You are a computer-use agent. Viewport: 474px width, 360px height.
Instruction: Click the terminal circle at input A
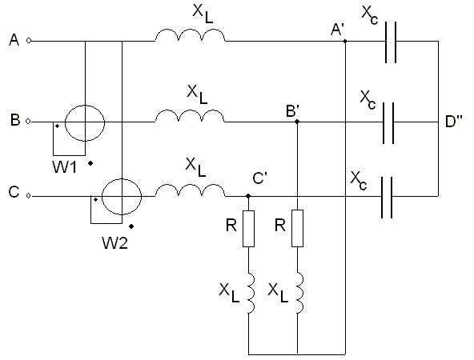pos(29,41)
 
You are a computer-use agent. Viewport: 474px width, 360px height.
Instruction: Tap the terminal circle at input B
pos(28,122)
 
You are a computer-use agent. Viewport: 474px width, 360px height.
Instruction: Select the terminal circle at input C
pos(28,196)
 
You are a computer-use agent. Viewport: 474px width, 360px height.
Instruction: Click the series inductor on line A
pos(190,35)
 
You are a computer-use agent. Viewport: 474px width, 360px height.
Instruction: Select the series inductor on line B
pos(190,116)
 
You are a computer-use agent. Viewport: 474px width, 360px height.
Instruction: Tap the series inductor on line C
pos(190,190)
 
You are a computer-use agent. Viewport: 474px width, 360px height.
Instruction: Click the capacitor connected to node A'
pos(391,42)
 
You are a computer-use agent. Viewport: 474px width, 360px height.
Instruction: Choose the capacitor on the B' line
pos(388,123)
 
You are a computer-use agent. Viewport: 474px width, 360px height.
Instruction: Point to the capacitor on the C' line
pos(387,198)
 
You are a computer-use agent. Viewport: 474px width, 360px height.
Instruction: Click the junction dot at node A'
pos(345,41)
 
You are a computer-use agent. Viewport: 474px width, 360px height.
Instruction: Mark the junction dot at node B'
pos(297,122)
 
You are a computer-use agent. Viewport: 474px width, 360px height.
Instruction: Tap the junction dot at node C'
pos(248,196)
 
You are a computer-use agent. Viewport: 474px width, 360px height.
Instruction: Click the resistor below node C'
pos(248,229)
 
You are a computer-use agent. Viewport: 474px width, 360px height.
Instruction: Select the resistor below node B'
pos(297,228)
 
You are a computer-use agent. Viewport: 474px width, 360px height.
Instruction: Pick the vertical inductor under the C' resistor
pos(251,293)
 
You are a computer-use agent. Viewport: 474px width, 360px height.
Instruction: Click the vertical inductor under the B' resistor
pos(300,293)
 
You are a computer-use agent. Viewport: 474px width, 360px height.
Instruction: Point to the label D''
pos(454,122)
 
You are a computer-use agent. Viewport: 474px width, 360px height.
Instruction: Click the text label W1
pos(65,166)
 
